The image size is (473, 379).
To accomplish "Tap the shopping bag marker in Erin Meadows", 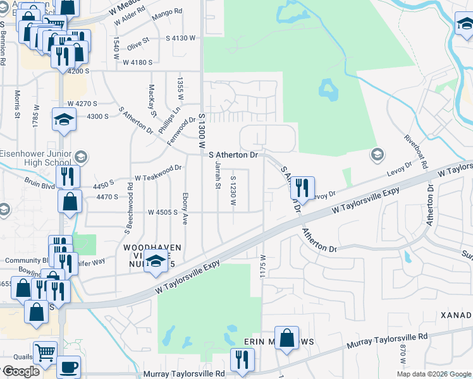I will click(x=287, y=337).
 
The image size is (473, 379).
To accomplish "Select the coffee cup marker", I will click(x=68, y=367).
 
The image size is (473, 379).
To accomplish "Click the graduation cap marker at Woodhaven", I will click(x=156, y=262).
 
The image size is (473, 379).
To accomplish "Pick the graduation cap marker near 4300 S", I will click(x=64, y=119).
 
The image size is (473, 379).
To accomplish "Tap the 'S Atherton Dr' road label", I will click(x=233, y=154).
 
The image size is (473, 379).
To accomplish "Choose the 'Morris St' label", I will click(x=18, y=104).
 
